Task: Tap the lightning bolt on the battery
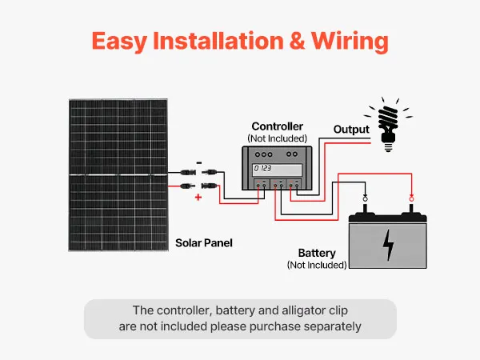389,245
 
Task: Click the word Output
351,130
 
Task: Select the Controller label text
278,126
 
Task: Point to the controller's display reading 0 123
262,169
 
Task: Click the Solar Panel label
204,242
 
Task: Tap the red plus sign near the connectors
198,196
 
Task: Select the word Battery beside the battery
317,253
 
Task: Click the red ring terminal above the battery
411,198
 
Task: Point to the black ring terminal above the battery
365,198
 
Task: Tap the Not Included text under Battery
317,265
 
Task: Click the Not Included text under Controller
278,138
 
